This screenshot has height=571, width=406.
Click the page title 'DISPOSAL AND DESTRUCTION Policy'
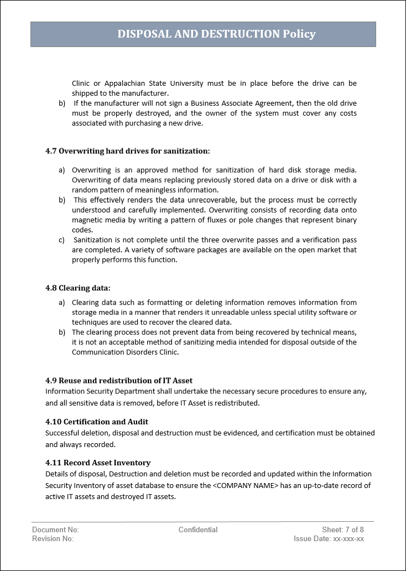tap(216, 34)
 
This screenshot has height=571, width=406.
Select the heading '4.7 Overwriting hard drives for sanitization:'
tap(127, 150)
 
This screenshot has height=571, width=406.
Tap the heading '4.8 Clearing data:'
tap(77, 288)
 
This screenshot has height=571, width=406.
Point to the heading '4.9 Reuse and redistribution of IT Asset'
tap(119, 380)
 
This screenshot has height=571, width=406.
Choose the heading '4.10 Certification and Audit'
tap(97, 422)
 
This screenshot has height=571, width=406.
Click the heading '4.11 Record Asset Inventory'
tap(98, 463)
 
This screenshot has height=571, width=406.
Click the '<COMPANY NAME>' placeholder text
tap(245, 486)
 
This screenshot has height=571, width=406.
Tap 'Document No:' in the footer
tap(55, 530)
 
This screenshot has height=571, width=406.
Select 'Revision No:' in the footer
tap(53, 539)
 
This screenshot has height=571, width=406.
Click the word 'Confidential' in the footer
tap(198, 530)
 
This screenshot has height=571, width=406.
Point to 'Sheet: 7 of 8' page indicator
tap(343, 530)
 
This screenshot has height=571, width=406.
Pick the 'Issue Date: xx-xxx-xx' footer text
tap(329, 539)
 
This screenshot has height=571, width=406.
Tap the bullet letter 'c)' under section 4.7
tap(61, 240)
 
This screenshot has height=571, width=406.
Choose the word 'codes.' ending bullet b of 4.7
tap(82, 230)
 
